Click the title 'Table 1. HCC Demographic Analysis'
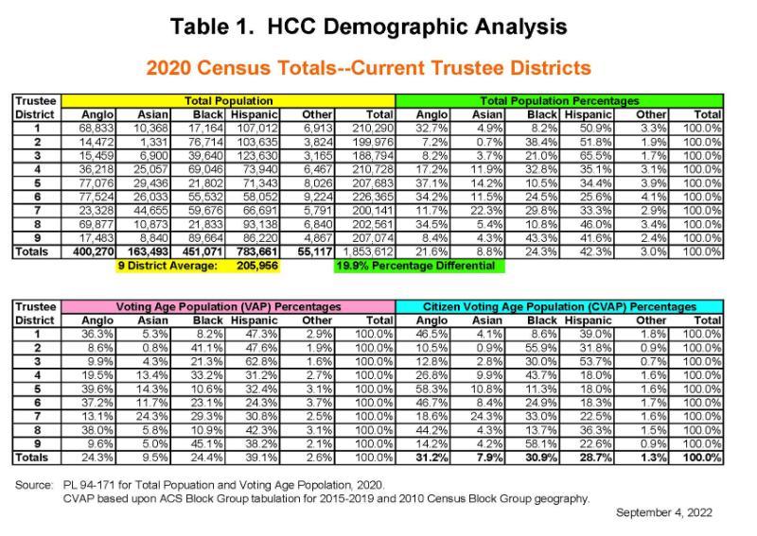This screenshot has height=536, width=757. [x=378, y=26]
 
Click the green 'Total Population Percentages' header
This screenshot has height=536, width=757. [x=559, y=100]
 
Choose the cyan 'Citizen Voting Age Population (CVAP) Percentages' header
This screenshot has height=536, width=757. [x=559, y=307]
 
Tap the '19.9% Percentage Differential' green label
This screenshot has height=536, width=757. [x=417, y=267]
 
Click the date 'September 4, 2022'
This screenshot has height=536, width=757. [x=665, y=512]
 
